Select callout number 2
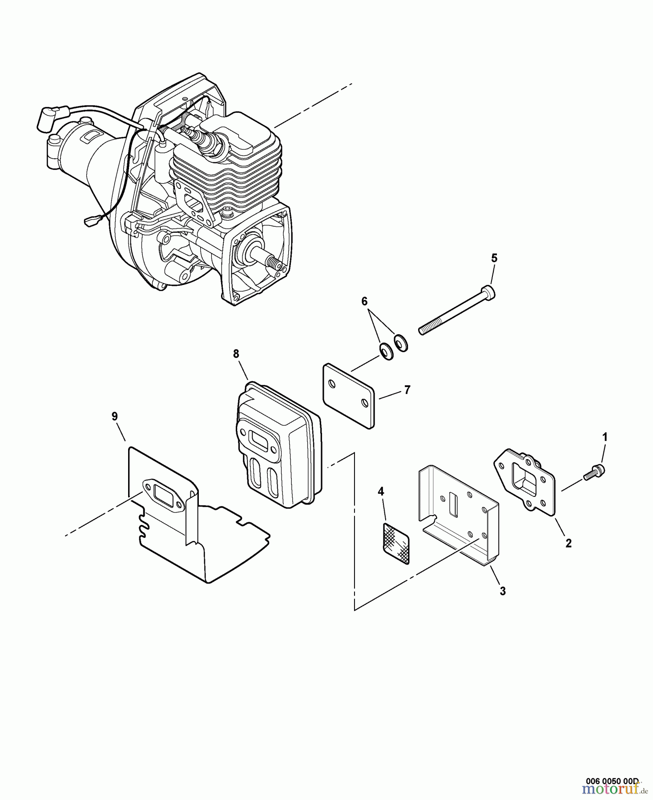tap(568, 543)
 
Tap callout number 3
tap(503, 591)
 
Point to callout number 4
tap(381, 491)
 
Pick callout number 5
tap(494, 258)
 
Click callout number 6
tap(365, 302)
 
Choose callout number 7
tap(407, 390)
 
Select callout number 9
tap(115, 416)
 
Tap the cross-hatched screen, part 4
tap(396, 543)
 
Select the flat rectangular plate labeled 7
tap(348, 396)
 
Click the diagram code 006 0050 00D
tap(612, 781)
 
